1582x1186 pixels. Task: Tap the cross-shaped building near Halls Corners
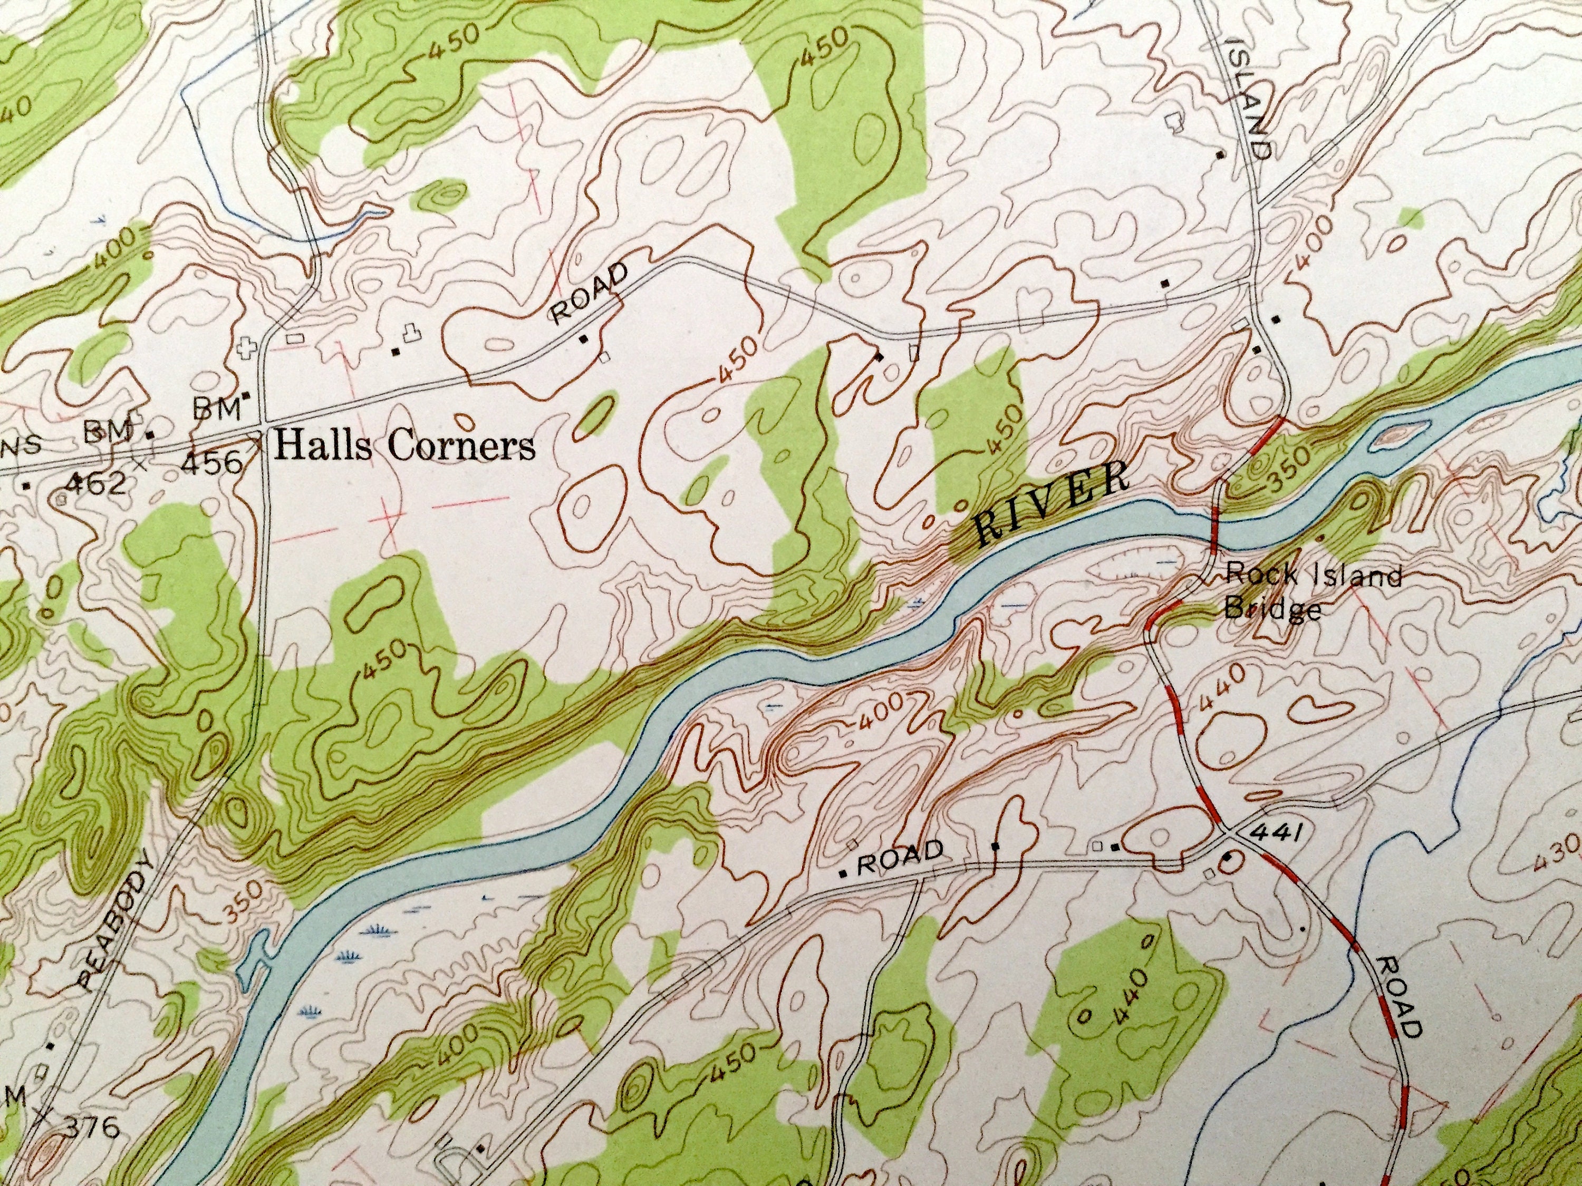click(x=247, y=349)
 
